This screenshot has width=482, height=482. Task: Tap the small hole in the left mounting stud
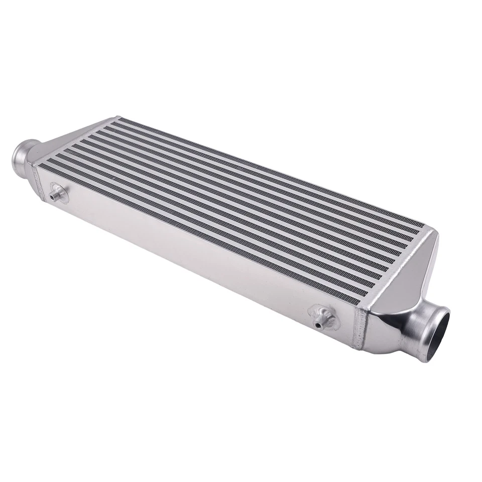tap(52, 197)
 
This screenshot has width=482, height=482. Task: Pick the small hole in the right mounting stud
tap(318, 325)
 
